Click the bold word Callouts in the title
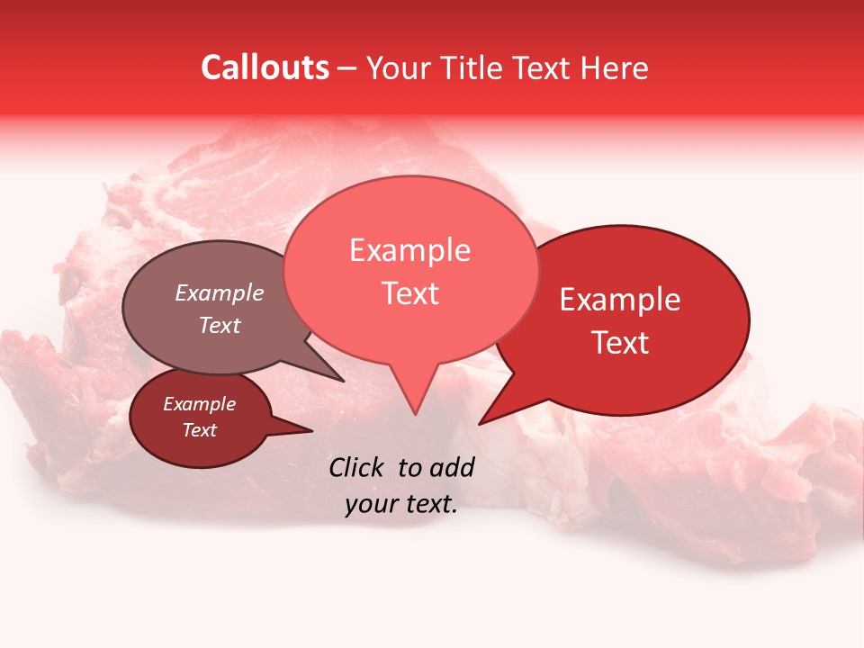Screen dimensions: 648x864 (x=265, y=68)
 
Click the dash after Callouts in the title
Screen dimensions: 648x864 (x=347, y=69)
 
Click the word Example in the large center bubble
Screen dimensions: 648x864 (x=409, y=250)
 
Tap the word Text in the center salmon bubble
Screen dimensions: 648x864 (x=410, y=293)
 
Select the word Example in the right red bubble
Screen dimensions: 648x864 (x=620, y=300)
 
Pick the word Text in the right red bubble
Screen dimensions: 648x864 (x=620, y=343)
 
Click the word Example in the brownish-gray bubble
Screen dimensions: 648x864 (x=219, y=293)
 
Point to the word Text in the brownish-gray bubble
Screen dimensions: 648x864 (x=219, y=326)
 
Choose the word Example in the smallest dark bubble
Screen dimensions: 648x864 (x=199, y=404)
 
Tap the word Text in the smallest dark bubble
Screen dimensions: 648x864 (x=199, y=430)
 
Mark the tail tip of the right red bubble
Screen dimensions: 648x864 (x=480, y=423)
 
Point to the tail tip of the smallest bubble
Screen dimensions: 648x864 (x=311, y=431)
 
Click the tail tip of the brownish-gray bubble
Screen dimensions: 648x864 (x=343, y=380)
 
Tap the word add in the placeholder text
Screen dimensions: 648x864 (x=451, y=467)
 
